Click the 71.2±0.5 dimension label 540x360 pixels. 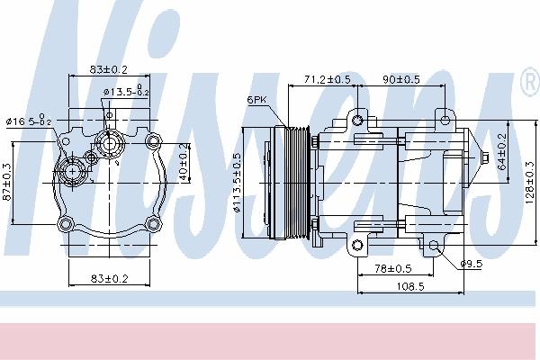coord(327,79)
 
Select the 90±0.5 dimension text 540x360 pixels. coord(401,79)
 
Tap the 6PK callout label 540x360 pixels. coord(256,100)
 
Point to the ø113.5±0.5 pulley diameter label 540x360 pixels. coord(237,182)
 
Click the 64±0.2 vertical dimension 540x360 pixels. coord(502,151)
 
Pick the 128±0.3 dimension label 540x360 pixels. coord(529,183)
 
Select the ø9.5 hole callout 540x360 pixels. coord(472,265)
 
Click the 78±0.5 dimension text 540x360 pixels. coord(393,268)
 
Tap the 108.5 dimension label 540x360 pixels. coord(410,286)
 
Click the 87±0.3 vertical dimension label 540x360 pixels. coord(7,182)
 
